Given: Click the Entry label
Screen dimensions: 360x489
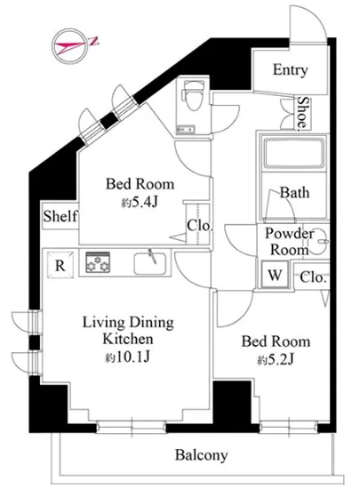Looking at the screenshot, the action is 290,70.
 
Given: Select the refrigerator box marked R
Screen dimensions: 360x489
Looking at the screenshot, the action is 60,264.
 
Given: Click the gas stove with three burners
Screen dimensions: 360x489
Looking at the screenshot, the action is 98,262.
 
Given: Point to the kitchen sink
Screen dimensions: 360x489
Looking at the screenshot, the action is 150,263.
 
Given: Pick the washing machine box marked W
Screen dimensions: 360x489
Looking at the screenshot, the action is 275,275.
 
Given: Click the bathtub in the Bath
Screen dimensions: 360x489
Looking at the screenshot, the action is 294,153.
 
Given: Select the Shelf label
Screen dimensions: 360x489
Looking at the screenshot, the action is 60,216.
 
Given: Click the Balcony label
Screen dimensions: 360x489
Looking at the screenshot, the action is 202,455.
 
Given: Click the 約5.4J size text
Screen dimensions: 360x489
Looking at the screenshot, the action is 140,203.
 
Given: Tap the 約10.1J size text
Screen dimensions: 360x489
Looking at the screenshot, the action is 128,357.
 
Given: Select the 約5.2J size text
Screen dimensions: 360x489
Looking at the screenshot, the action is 276,359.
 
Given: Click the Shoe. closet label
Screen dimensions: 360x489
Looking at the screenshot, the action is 303,113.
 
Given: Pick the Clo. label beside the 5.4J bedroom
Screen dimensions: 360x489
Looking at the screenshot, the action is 200,226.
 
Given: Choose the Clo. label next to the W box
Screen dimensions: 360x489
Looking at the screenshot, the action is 313,277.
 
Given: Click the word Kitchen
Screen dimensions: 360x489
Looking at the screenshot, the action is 128,339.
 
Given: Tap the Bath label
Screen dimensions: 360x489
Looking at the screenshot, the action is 294,192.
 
